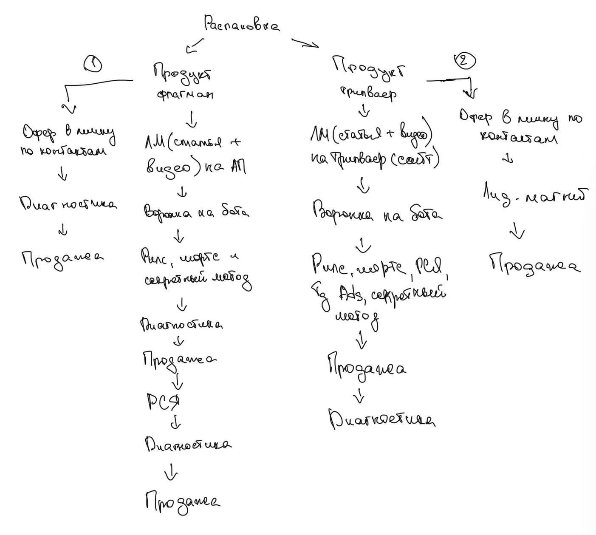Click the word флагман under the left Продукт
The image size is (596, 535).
point(185,93)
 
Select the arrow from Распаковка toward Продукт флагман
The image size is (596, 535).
point(194,45)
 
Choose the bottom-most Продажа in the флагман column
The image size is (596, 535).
point(183,501)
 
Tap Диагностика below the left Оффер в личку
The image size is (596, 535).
point(68,204)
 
